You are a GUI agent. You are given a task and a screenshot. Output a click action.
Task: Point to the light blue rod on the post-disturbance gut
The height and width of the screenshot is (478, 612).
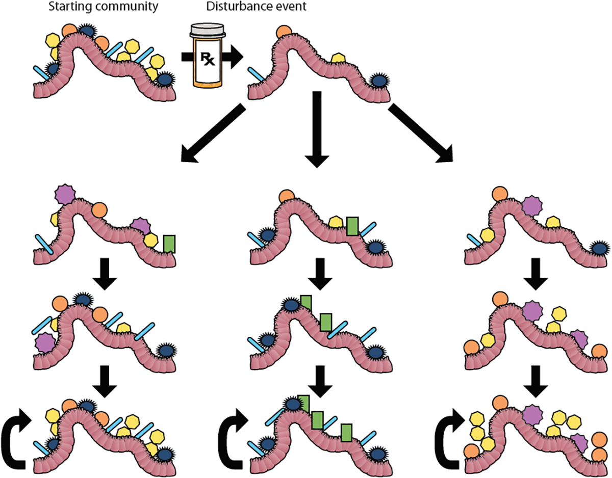tap(259, 75)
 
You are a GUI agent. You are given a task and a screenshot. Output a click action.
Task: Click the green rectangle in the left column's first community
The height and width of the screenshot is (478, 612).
tap(169, 243)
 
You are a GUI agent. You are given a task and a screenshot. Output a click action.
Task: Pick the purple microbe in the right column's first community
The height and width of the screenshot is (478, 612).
tap(532, 204)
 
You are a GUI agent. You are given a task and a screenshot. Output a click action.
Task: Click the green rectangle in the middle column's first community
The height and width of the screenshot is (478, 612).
tap(352, 226)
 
